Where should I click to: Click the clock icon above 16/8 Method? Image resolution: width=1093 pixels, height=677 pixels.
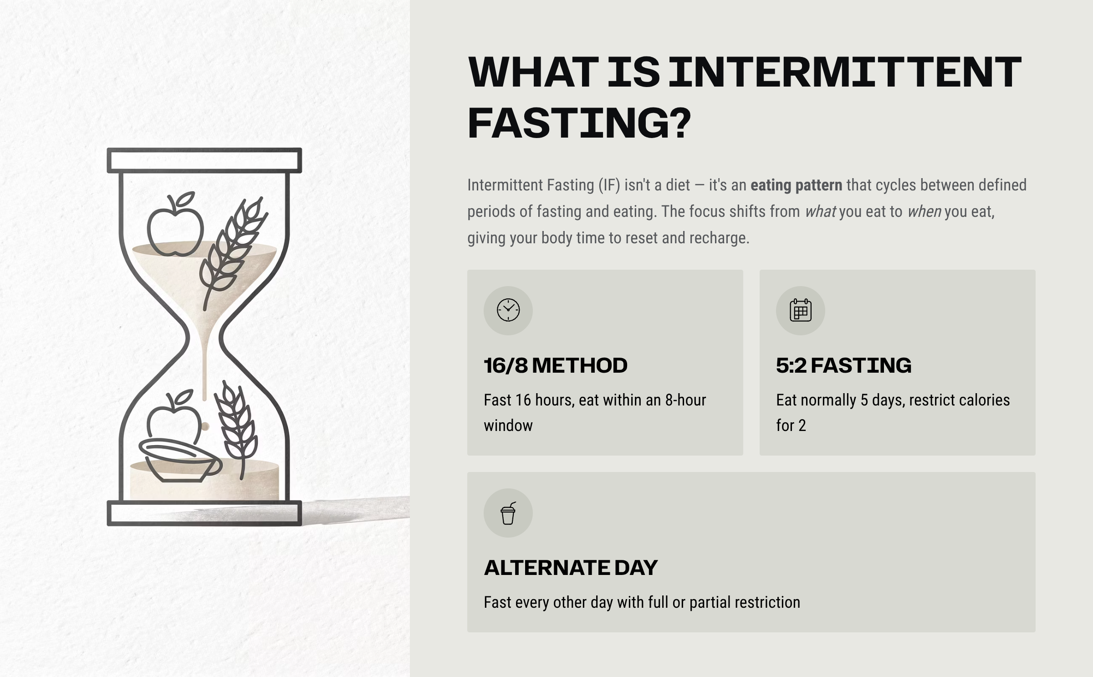(508, 310)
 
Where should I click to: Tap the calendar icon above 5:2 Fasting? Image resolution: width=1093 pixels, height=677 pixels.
(801, 310)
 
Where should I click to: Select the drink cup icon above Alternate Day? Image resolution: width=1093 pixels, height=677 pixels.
(508, 513)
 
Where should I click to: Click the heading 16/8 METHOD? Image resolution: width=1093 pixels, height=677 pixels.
(556, 365)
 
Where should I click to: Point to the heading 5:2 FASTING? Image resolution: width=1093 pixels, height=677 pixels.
(844, 365)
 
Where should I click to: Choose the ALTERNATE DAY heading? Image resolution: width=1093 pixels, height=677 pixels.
(571, 568)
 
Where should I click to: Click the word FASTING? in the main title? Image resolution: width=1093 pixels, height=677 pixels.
(579, 123)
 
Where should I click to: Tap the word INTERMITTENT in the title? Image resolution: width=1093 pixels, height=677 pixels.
(845, 72)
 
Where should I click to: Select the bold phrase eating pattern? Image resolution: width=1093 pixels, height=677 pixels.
(797, 185)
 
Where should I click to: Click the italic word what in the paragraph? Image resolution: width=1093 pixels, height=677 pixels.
(820, 212)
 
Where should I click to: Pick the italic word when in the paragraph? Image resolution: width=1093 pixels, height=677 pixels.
(924, 212)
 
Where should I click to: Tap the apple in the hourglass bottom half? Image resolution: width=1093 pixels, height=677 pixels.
(174, 417)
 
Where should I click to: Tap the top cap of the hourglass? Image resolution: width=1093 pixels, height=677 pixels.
(204, 160)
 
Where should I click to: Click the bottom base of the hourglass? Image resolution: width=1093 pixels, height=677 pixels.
(204, 513)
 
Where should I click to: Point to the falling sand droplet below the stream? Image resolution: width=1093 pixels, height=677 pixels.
(205, 426)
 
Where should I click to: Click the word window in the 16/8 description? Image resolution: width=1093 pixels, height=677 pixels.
(508, 426)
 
